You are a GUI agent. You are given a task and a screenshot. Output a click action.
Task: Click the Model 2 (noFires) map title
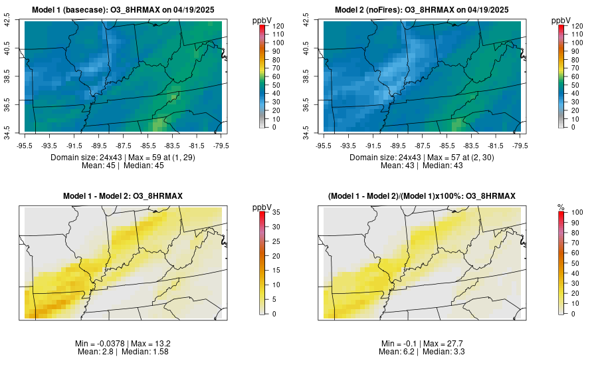422,10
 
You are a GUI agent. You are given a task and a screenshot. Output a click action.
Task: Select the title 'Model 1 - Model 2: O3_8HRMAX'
123,195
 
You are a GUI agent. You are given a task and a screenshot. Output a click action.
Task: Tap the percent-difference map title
422,195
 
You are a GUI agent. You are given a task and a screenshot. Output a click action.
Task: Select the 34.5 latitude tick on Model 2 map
306,128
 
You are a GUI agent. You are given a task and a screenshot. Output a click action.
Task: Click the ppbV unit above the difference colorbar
263,208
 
